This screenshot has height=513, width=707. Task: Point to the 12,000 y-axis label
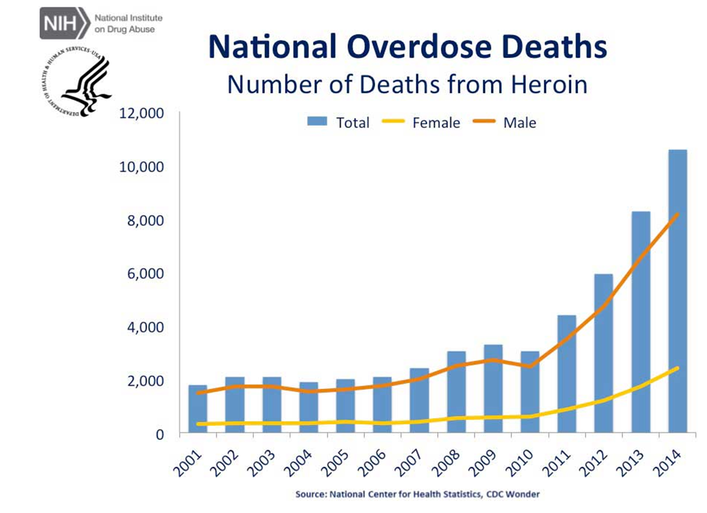click(x=141, y=113)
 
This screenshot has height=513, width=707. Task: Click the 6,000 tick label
click(x=145, y=274)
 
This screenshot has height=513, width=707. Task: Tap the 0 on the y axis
click(x=160, y=434)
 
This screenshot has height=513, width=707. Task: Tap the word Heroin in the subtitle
click(x=549, y=85)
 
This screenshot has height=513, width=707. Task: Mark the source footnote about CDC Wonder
click(x=417, y=494)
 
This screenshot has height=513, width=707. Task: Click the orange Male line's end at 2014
click(x=677, y=214)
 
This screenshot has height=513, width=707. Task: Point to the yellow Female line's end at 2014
click(x=677, y=368)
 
